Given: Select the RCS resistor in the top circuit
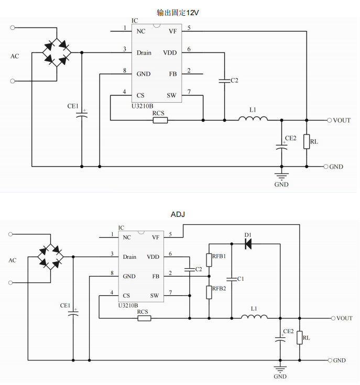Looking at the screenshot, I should (x=160, y=120).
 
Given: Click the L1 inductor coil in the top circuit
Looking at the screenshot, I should (x=253, y=119).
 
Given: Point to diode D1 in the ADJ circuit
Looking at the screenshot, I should (x=247, y=244).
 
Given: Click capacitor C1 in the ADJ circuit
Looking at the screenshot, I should (x=232, y=279).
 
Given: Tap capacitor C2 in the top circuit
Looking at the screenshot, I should (x=224, y=81).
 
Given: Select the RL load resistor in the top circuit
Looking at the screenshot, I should (x=307, y=142).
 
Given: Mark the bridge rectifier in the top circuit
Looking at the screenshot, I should (x=57, y=52).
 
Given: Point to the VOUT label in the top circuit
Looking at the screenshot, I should (x=342, y=120).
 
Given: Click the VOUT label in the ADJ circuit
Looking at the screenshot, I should (x=344, y=318).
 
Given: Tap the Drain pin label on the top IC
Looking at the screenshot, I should (x=144, y=53).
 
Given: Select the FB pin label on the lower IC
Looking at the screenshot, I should (x=156, y=276).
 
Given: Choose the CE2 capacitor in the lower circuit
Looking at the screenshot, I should (x=281, y=338).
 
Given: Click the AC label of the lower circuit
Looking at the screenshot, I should (x=13, y=260).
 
